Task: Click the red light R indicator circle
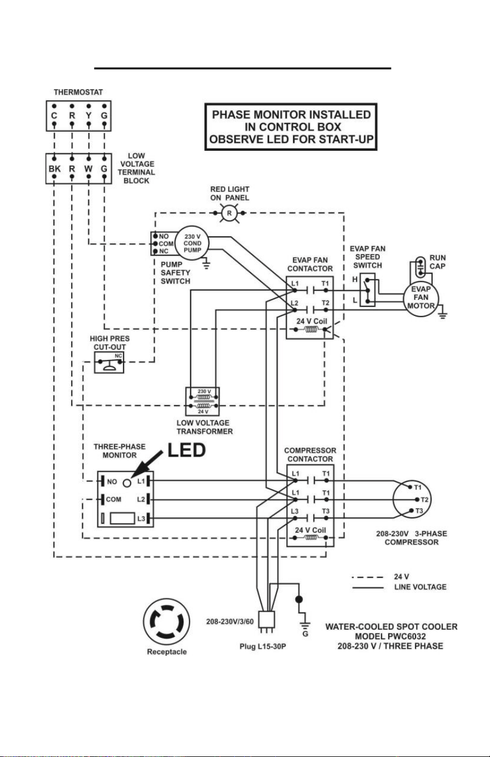tap(229, 213)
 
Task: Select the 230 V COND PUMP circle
tap(192, 243)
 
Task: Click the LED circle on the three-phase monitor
tap(127, 483)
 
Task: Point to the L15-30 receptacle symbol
tap(166, 621)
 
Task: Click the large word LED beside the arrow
tap(186, 451)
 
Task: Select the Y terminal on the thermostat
tap(88, 116)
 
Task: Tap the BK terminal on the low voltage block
tap(55, 169)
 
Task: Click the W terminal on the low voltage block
tap(88, 169)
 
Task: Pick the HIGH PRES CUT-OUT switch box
tap(109, 362)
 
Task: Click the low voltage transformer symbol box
tap(202, 402)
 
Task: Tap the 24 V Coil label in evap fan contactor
tap(311, 321)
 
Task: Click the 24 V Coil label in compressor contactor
tap(310, 530)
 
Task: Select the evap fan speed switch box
tap(367, 290)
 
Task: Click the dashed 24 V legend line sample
tap(367, 577)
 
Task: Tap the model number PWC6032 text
tap(407, 636)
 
